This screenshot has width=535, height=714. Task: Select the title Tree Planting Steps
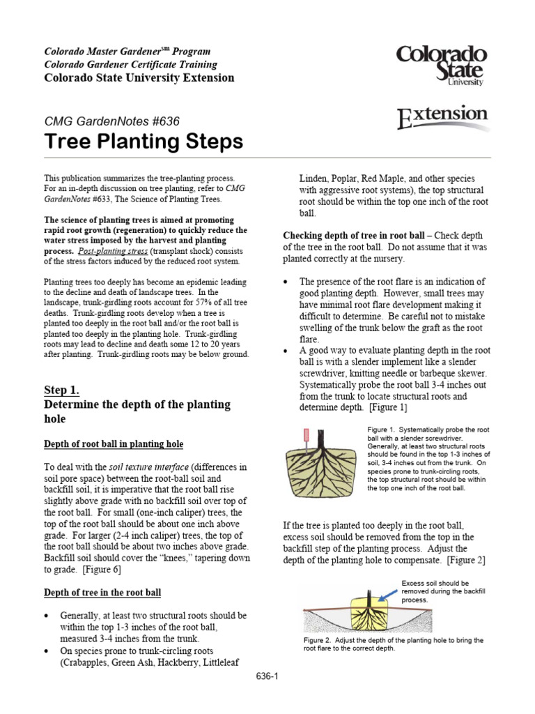click(144, 142)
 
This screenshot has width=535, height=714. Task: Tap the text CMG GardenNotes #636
click(112, 121)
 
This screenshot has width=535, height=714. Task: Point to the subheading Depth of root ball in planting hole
click(114, 444)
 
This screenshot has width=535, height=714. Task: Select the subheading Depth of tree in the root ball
click(102, 593)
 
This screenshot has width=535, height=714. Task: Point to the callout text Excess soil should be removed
click(434, 591)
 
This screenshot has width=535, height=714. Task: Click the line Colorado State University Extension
click(139, 77)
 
